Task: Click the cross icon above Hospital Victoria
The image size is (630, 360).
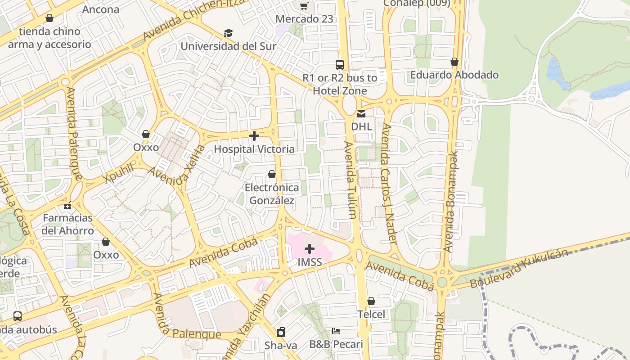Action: pos(254,135)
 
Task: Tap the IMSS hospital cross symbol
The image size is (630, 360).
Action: pos(310,248)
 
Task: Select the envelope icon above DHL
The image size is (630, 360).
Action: pos(361,113)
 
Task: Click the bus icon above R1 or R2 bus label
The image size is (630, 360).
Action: pos(340,64)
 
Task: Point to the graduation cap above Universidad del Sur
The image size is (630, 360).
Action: pos(229,33)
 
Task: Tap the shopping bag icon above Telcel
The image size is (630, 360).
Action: pos(371,301)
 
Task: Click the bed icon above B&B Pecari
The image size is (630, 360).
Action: pos(336,331)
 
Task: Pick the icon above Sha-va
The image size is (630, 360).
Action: pos(281,332)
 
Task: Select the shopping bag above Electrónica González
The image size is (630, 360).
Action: pos(272,174)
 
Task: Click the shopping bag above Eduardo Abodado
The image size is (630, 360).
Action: pos(454,61)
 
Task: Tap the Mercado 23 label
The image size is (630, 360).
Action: pos(305,19)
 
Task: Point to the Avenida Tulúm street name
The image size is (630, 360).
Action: pos(351,180)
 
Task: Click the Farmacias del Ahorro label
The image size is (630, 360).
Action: pos(68,224)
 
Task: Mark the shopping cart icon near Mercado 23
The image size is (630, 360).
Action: pos(304,6)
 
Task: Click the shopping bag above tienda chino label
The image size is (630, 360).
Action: pos(49,18)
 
